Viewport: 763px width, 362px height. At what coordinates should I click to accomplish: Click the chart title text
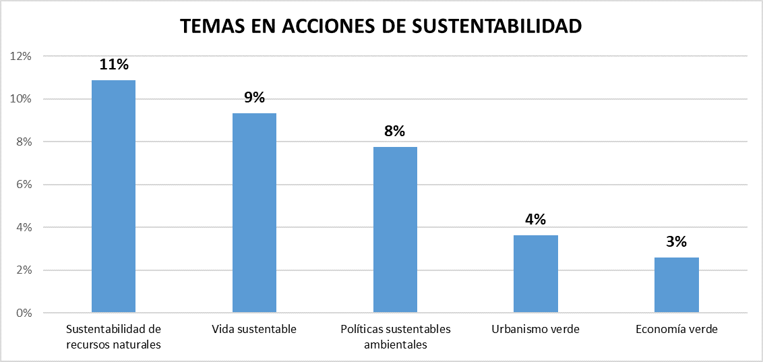[x=381, y=26]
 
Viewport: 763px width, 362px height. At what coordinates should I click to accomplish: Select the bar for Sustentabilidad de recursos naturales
[x=113, y=196]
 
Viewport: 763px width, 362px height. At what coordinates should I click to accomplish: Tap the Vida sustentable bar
[x=254, y=213]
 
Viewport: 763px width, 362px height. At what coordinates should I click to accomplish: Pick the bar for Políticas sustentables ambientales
[x=395, y=230]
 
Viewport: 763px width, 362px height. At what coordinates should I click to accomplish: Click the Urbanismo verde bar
[x=536, y=274]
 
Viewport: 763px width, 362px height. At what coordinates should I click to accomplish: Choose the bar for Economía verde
[x=677, y=285]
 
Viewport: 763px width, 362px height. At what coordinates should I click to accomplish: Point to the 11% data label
[x=113, y=65]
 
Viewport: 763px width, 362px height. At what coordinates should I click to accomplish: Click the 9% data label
[x=254, y=98]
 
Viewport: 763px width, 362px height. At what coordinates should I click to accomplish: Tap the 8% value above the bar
[x=395, y=131]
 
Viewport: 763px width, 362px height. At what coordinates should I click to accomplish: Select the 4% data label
[x=536, y=220]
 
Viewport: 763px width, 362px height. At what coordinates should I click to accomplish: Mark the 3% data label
[x=677, y=242]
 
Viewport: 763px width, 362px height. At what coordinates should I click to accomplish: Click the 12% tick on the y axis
[x=21, y=56]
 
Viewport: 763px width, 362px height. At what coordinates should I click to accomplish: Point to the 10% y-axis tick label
[x=21, y=99]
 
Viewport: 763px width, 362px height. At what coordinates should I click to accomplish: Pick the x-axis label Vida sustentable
[x=254, y=330]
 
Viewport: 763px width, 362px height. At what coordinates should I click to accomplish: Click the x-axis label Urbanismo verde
[x=536, y=330]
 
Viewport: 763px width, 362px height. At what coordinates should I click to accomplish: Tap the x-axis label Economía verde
[x=677, y=330]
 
